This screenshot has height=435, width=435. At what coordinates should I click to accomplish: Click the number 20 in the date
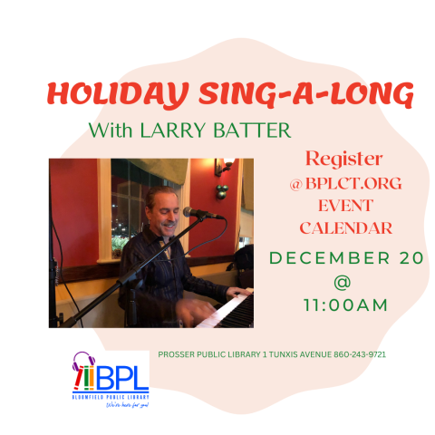[x=409, y=258]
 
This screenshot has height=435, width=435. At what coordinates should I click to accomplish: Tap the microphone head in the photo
[x=192, y=213]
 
